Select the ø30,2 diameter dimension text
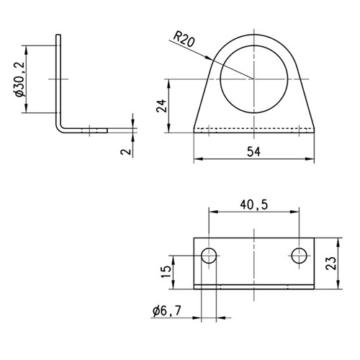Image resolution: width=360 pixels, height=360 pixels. (19, 79)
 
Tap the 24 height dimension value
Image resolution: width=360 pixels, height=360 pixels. (161, 106)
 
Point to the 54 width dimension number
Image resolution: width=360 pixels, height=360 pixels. (253, 152)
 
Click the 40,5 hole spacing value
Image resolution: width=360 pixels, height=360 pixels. (253, 204)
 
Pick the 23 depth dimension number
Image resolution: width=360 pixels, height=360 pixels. (331, 264)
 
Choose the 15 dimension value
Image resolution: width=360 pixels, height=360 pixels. (166, 271)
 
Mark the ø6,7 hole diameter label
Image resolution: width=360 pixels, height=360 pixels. (166, 311)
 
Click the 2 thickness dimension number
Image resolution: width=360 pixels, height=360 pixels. (126, 151)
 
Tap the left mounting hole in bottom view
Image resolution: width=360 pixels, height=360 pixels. (209, 256)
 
